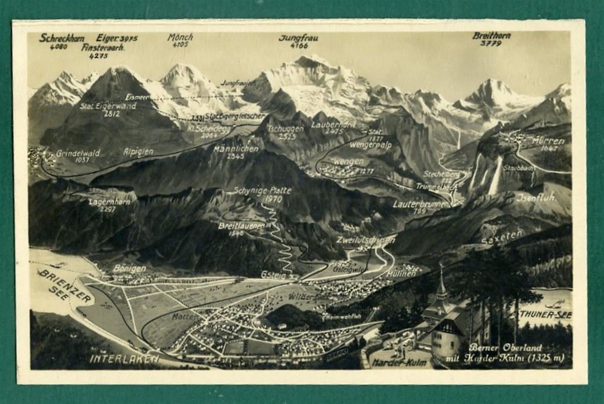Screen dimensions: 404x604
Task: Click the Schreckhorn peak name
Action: click(62, 37)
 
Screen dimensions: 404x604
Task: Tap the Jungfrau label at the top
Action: click(298, 37)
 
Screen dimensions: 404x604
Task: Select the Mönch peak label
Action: click(180, 37)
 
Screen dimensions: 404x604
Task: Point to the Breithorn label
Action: click(491, 36)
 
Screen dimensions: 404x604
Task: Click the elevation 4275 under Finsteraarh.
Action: click(98, 56)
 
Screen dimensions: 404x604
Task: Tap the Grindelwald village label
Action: click(78, 153)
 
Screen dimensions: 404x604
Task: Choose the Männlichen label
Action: click(236, 148)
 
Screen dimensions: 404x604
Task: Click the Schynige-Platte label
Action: click(262, 190)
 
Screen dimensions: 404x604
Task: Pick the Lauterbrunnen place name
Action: click(420, 204)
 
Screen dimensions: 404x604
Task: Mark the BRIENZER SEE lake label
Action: click(66, 286)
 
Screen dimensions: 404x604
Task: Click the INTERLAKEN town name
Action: click(124, 358)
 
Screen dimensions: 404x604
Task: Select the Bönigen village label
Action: click(129, 268)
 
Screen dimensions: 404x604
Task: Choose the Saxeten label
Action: click(501, 237)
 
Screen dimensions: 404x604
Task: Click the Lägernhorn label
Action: click(109, 202)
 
